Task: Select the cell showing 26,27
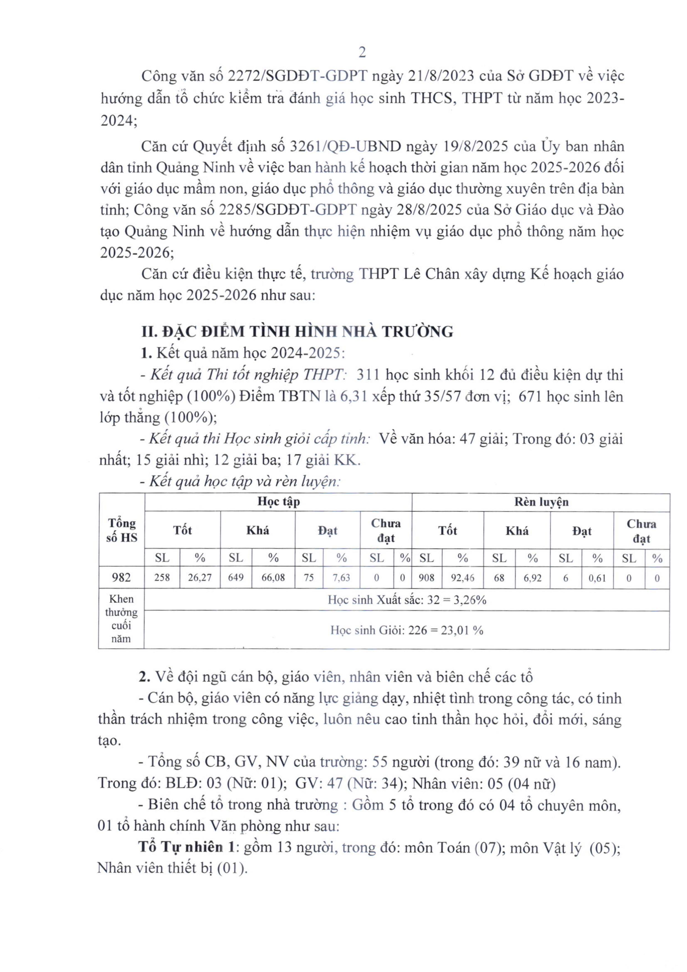(x=200, y=577)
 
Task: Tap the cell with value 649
(x=236, y=577)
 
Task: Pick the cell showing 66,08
(x=273, y=577)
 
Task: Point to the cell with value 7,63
(x=341, y=577)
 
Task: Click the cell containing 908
(x=427, y=577)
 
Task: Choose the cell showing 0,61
(x=597, y=577)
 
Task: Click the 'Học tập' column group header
(x=278, y=502)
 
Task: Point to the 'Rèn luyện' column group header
(x=541, y=502)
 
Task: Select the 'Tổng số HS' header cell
(x=122, y=530)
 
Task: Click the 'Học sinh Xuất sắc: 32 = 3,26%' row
(x=407, y=600)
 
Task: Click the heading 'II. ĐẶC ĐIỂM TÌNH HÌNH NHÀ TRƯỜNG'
(x=297, y=331)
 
